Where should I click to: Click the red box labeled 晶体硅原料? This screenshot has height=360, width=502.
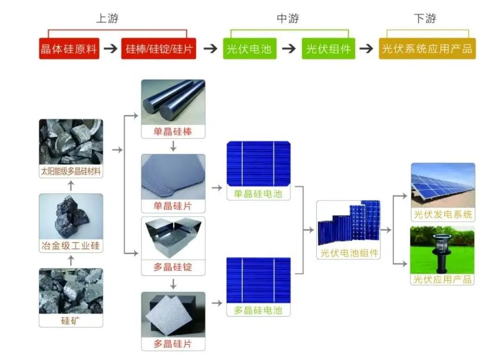69,49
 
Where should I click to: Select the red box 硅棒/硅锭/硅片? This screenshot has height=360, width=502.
159,49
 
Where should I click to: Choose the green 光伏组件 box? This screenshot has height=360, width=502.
329,49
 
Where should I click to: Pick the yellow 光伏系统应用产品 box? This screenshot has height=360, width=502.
427,49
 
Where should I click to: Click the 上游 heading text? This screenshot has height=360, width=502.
107,18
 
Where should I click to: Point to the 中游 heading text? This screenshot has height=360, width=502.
288,18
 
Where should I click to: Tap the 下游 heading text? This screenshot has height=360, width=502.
425,18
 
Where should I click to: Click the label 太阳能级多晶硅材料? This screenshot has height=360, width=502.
71,172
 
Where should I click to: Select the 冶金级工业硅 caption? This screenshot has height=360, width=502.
71,246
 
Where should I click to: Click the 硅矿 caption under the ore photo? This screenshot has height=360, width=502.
71,320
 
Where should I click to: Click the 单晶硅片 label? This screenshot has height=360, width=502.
173,206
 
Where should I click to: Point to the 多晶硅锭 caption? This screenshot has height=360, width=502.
173,268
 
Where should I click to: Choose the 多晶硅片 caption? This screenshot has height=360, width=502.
173,344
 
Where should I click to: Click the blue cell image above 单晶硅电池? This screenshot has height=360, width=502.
259,164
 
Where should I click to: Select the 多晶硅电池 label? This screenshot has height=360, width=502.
258,310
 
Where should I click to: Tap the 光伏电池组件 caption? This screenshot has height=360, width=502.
349,253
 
